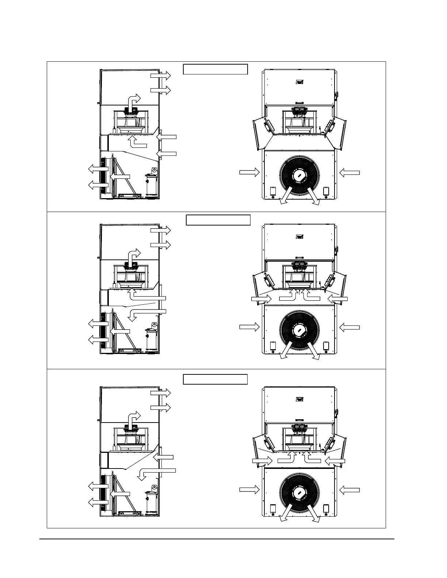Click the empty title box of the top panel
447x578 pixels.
click(215, 69)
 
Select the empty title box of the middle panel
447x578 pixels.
click(218, 220)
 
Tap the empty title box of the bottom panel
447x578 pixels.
click(215, 379)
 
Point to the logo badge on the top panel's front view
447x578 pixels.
click(299, 82)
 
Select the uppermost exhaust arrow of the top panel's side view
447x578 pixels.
click(160, 76)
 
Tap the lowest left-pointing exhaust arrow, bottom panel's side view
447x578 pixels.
click(99, 502)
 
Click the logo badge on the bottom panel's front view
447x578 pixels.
click(299, 399)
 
